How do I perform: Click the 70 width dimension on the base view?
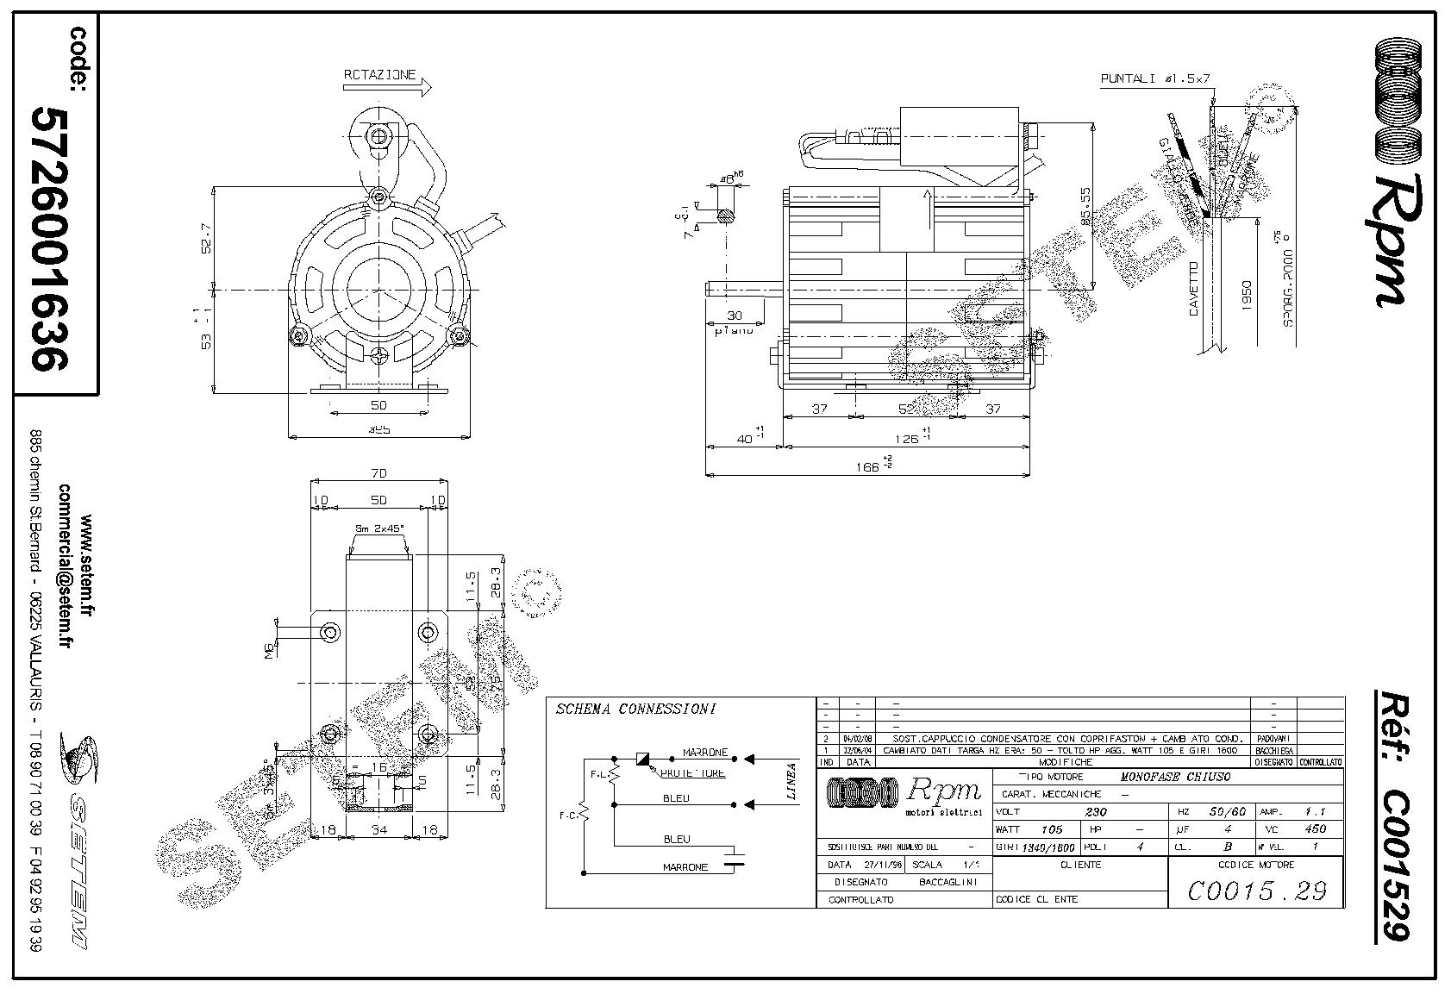point(378,473)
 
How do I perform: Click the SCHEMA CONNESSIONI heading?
point(636,710)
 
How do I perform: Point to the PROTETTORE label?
point(692,773)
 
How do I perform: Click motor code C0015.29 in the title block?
point(1256,891)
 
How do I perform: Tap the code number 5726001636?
point(50,238)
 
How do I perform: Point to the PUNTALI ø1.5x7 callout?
point(1155,78)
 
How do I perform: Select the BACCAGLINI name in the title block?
point(948,882)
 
